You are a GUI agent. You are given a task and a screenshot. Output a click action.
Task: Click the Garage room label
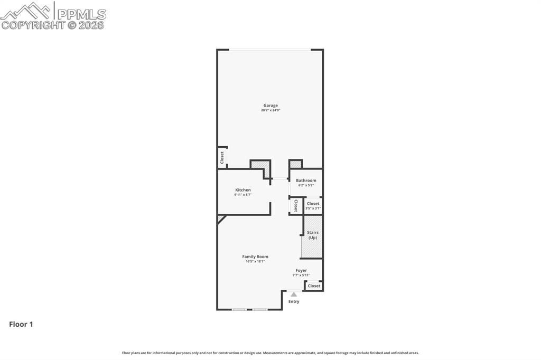click(x=270, y=106)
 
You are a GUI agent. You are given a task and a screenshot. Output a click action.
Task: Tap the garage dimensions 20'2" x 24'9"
click(x=270, y=110)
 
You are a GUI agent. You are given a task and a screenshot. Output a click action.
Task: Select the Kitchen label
click(x=243, y=190)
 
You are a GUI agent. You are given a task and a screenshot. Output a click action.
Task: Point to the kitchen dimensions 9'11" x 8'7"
click(x=243, y=195)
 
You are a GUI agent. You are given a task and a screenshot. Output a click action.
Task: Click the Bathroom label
click(x=306, y=181)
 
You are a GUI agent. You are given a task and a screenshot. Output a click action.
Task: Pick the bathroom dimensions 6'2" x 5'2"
click(x=306, y=185)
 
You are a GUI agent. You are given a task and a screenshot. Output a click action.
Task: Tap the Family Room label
click(x=255, y=257)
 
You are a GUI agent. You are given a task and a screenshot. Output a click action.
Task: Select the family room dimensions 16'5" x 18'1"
click(x=255, y=261)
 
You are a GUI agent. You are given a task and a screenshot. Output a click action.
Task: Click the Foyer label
click(x=301, y=270)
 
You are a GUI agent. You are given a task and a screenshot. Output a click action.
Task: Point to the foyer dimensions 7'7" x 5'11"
click(x=301, y=275)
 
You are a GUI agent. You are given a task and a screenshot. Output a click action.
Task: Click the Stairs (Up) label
click(x=313, y=235)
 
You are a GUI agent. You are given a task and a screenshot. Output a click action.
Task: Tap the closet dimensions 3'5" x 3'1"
click(x=313, y=209)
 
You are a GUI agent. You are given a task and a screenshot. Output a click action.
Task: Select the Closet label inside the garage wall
click(x=222, y=157)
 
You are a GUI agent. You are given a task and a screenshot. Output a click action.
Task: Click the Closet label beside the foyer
click(x=314, y=286)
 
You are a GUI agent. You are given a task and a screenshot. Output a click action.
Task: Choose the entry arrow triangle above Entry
click(x=294, y=295)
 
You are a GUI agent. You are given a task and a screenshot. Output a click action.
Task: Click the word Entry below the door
click(x=294, y=301)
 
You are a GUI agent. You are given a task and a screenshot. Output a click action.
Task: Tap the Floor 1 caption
click(x=21, y=325)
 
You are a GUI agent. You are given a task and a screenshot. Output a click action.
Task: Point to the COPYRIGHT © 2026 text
click(x=53, y=25)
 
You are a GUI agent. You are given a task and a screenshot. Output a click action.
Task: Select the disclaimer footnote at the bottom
click(x=270, y=353)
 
